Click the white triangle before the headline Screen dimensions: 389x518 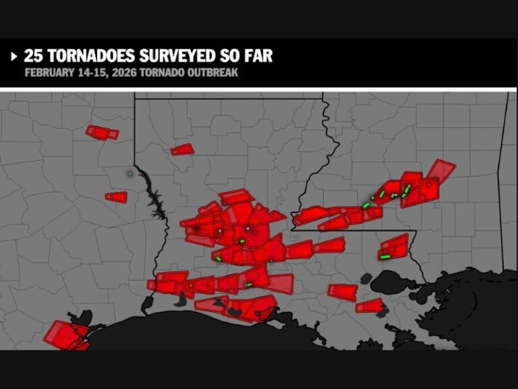coord(13,56)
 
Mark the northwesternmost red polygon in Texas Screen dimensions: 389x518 coord(102,132)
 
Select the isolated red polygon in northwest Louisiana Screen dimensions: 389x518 coord(182,149)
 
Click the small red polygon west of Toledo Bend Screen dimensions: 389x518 coord(117,197)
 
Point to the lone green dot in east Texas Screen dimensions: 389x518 coord(129,173)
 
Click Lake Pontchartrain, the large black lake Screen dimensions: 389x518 coord(395,282)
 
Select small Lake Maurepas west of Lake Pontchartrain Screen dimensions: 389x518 coord(366,278)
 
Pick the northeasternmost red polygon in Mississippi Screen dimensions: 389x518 coord(442,170)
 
